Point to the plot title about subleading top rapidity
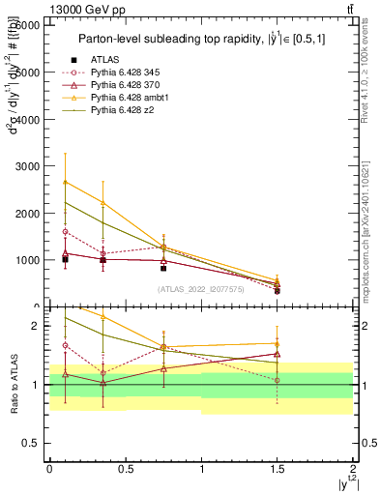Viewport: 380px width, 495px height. (199, 40)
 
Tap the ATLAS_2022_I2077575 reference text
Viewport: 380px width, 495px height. (200, 288)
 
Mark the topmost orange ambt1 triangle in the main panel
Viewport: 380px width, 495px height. (65, 182)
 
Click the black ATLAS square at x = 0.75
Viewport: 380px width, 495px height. (163, 268)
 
